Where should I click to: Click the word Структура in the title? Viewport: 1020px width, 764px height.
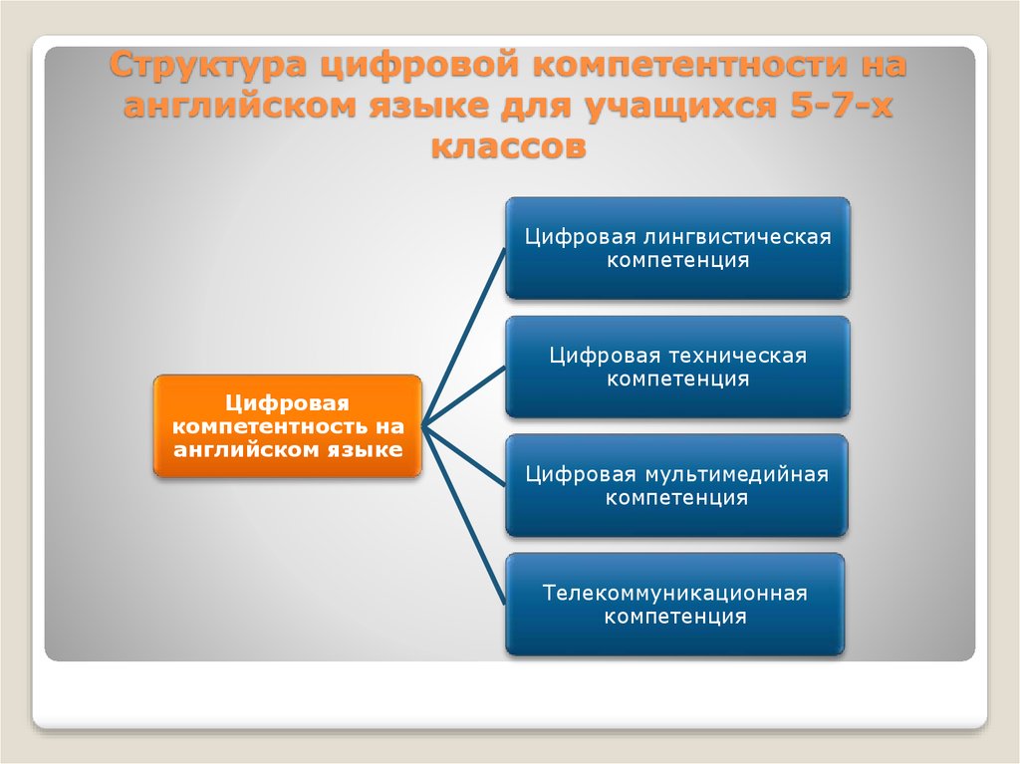click(208, 66)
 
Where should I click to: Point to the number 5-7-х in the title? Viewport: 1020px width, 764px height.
click(841, 106)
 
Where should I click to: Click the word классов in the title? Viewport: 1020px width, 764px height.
click(509, 145)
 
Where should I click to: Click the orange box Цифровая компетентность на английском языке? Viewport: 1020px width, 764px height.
click(288, 426)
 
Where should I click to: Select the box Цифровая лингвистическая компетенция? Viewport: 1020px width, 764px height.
click(677, 248)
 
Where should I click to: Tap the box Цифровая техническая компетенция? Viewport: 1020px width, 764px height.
click(677, 367)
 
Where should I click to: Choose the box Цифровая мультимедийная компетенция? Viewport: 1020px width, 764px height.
click(676, 485)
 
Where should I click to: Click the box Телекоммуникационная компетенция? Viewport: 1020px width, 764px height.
click(675, 605)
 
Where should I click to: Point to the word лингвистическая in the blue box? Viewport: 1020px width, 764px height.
click(738, 237)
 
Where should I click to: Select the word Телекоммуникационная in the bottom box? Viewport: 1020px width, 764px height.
click(675, 593)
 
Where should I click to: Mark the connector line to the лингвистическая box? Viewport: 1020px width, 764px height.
click(464, 337)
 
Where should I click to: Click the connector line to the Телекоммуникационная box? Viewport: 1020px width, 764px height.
click(464, 515)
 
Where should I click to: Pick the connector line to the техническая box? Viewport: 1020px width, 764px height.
click(464, 397)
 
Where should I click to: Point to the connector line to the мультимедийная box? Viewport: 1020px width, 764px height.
click(464, 456)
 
